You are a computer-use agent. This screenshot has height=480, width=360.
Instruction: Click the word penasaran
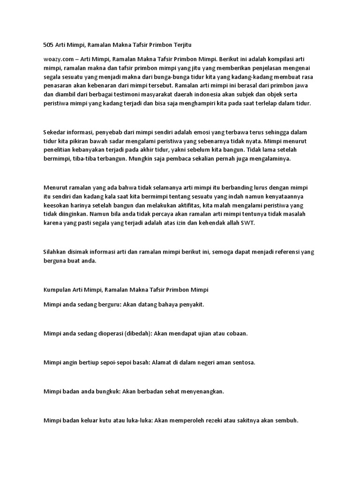pyautogui.click(x=57, y=86)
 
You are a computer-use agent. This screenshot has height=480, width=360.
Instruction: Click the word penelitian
pyautogui.click(x=58, y=150)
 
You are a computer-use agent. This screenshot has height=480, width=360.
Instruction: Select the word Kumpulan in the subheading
pyautogui.click(x=57, y=290)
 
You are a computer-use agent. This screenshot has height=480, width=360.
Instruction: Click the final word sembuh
pyautogui.click(x=285, y=420)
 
